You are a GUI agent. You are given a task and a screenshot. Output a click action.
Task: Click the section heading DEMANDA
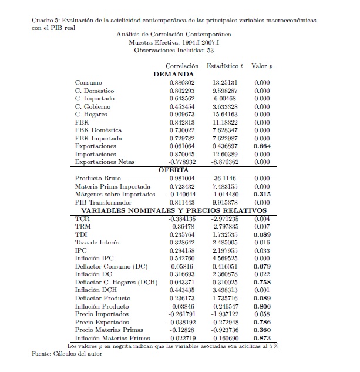(x=173, y=75)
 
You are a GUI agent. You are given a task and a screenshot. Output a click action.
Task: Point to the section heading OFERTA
(x=173, y=169)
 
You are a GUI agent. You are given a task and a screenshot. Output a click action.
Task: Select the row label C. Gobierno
(x=92, y=107)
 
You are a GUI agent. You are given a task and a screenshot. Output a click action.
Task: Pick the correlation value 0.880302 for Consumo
(x=181, y=83)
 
